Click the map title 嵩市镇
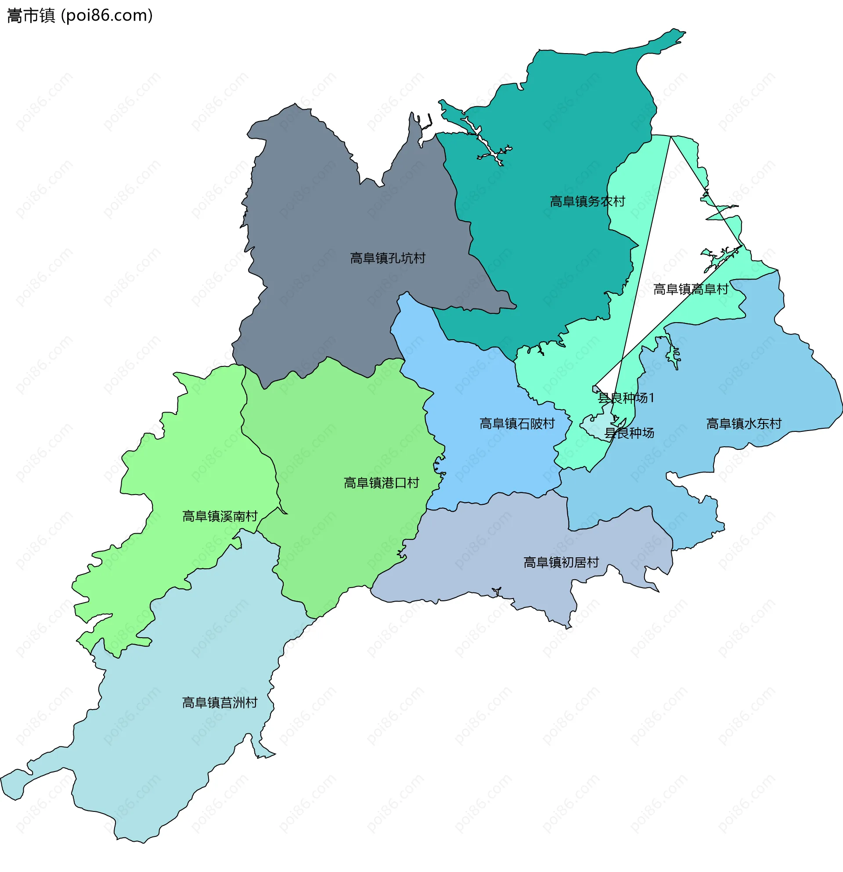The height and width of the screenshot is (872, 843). pyautogui.click(x=30, y=15)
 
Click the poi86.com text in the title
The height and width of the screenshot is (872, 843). pyautogui.click(x=107, y=15)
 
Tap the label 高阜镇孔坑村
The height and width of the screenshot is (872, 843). pyautogui.click(x=387, y=258)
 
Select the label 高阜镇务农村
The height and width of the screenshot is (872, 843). pyautogui.click(x=587, y=201)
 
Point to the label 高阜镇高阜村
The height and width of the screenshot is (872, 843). pyautogui.click(x=690, y=289)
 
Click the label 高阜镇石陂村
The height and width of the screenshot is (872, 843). pyautogui.click(x=517, y=423)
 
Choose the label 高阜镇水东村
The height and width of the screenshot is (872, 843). pyautogui.click(x=743, y=423)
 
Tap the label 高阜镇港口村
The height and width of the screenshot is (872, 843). pyautogui.click(x=381, y=483)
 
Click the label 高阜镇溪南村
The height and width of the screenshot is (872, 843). pyautogui.click(x=220, y=516)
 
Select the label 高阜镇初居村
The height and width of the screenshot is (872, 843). pyautogui.click(x=561, y=562)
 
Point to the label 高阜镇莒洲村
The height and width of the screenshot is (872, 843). pyautogui.click(x=220, y=703)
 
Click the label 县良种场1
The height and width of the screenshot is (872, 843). pyautogui.click(x=625, y=398)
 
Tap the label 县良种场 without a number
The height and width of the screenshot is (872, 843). pyautogui.click(x=628, y=433)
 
